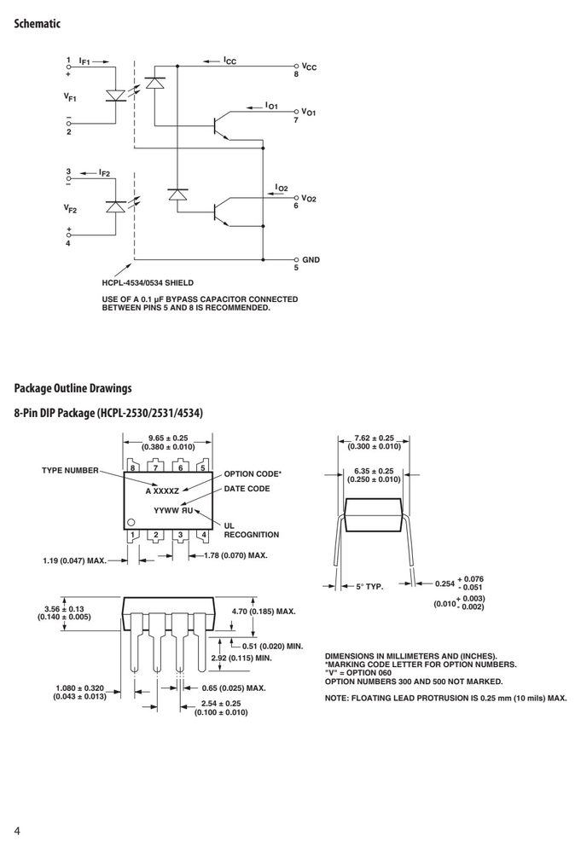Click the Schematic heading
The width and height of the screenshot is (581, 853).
pyautogui.click(x=37, y=23)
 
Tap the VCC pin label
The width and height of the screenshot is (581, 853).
pyautogui.click(x=309, y=67)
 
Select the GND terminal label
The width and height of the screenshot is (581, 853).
pyautogui.click(x=311, y=259)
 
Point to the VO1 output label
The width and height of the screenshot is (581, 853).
pyautogui.click(x=309, y=112)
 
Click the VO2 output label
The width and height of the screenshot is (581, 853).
pyautogui.click(x=309, y=199)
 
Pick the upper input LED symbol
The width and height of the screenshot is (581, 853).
pyautogui.click(x=115, y=96)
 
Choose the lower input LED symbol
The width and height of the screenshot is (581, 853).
pyautogui.click(x=115, y=206)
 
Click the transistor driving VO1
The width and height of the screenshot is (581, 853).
pyautogui.click(x=220, y=126)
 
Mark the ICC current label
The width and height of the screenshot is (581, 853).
pyautogui.click(x=229, y=61)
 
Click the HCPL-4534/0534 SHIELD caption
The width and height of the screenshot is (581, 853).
pyautogui.click(x=148, y=283)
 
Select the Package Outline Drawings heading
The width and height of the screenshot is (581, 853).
pyautogui.click(x=73, y=388)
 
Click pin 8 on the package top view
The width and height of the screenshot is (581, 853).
pyautogui.click(x=132, y=467)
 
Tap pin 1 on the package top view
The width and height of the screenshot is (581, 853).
pyautogui.click(x=132, y=536)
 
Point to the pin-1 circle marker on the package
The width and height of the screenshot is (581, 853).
pyautogui.click(x=131, y=522)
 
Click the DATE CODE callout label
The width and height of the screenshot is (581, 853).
pyautogui.click(x=247, y=489)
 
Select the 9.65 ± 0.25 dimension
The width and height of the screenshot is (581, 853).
pyautogui.click(x=168, y=438)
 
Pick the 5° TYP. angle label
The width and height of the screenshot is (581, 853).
pyautogui.click(x=370, y=587)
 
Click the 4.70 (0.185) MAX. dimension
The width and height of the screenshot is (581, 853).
pyautogui.click(x=264, y=612)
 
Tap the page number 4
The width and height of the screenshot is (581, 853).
pyautogui.click(x=17, y=831)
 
